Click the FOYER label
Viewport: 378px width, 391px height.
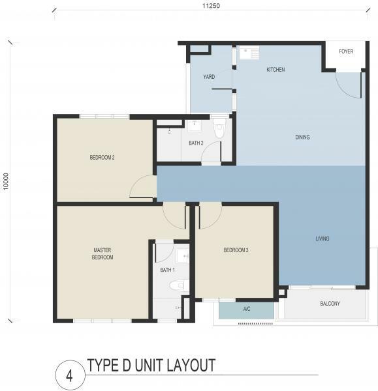346,51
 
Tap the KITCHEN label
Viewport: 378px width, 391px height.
276,70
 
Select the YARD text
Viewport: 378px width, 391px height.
209,77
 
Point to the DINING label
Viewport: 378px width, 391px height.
302,137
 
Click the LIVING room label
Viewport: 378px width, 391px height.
323,239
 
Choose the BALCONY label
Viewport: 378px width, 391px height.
330,304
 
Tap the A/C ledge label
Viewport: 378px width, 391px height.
247,309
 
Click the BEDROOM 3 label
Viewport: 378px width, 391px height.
236,250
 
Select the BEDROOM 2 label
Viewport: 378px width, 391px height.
102,158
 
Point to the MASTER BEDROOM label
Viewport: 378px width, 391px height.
102,253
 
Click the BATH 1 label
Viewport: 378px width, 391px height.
167,270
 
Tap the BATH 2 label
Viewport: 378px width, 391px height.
196,143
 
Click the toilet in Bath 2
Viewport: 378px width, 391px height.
219,128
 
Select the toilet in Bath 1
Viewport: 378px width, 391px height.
179,285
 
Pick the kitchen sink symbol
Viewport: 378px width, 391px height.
249,53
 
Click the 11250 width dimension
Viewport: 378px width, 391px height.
211,6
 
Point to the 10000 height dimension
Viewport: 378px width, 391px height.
6,181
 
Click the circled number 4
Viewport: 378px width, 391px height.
70,375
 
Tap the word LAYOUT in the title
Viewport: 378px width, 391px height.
191,366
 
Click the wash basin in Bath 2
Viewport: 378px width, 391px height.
194,126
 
